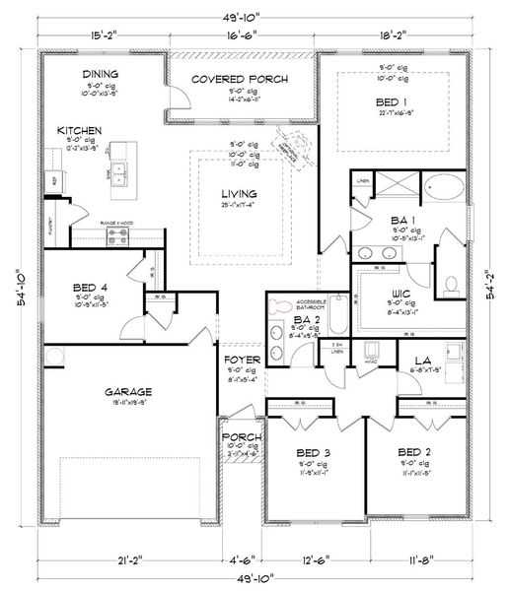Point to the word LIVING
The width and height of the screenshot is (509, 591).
tap(240, 193)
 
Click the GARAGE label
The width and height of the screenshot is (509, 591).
tap(129, 391)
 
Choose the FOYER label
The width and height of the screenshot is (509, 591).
tap(241, 360)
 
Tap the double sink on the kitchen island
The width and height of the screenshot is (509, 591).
tap(121, 174)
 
